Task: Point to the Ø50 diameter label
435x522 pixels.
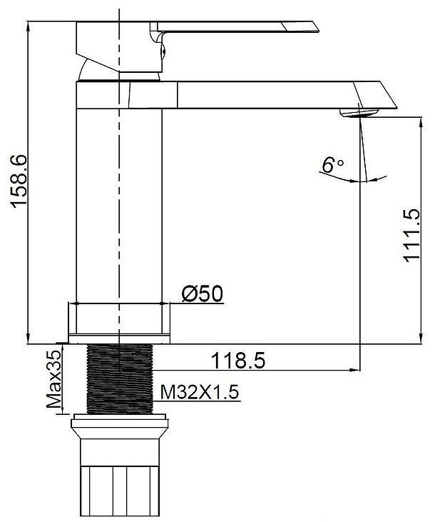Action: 203,293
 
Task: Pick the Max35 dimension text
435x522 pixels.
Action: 54,378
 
